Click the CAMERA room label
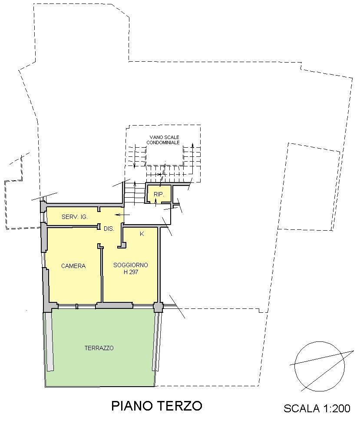coord(73,266)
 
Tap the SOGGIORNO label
coord(131,265)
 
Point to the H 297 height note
coord(131,272)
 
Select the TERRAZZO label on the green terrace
coord(99,348)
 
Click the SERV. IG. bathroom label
coord(75,217)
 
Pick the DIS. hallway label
coord(109,229)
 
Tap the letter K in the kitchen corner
coord(142,234)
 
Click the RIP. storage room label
coord(159,195)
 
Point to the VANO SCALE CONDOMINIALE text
coord(163,140)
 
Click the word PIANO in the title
coord(132,406)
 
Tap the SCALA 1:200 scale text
coord(317,408)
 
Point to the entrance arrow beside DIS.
coord(122,215)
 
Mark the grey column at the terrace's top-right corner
coord(158,307)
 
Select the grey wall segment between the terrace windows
coord(114,306)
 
